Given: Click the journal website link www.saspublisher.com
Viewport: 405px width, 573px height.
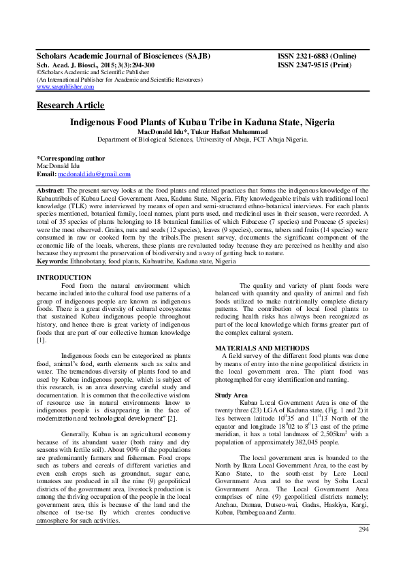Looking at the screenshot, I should (65, 87).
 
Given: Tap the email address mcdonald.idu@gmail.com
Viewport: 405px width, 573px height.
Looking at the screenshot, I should (94, 175).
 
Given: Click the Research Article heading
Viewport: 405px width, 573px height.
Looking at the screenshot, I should (70, 105).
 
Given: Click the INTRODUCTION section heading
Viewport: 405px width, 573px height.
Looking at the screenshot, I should (63, 278).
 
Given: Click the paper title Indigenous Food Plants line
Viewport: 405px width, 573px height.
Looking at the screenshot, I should (203, 122).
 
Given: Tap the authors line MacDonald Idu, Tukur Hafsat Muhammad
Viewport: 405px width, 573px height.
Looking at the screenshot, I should (203, 131).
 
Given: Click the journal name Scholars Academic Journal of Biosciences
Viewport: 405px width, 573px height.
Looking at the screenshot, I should (123, 55).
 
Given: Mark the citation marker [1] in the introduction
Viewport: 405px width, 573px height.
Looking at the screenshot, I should (41, 340).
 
